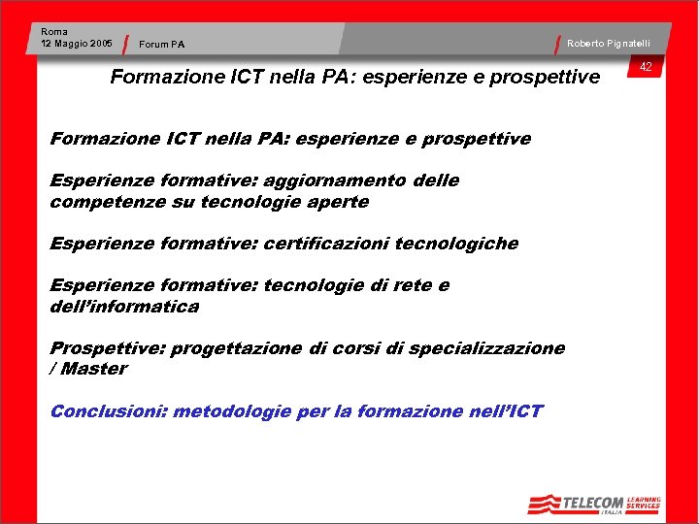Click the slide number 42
pyautogui.click(x=645, y=67)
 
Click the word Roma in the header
pyautogui.click(x=54, y=32)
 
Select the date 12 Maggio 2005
pyautogui.click(x=77, y=44)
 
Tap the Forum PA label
pyautogui.click(x=161, y=44)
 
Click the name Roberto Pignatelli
pyautogui.click(x=609, y=44)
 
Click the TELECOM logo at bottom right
pyautogui.click(x=577, y=503)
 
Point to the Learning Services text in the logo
pyautogui.click(x=644, y=501)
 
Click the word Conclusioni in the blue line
pyautogui.click(x=107, y=411)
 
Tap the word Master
pyautogui.click(x=94, y=369)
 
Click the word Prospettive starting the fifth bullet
pyautogui.click(x=107, y=348)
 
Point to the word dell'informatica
pyautogui.click(x=124, y=307)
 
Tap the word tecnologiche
pyautogui.click(x=459, y=244)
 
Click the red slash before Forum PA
pyautogui.click(x=127, y=44)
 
